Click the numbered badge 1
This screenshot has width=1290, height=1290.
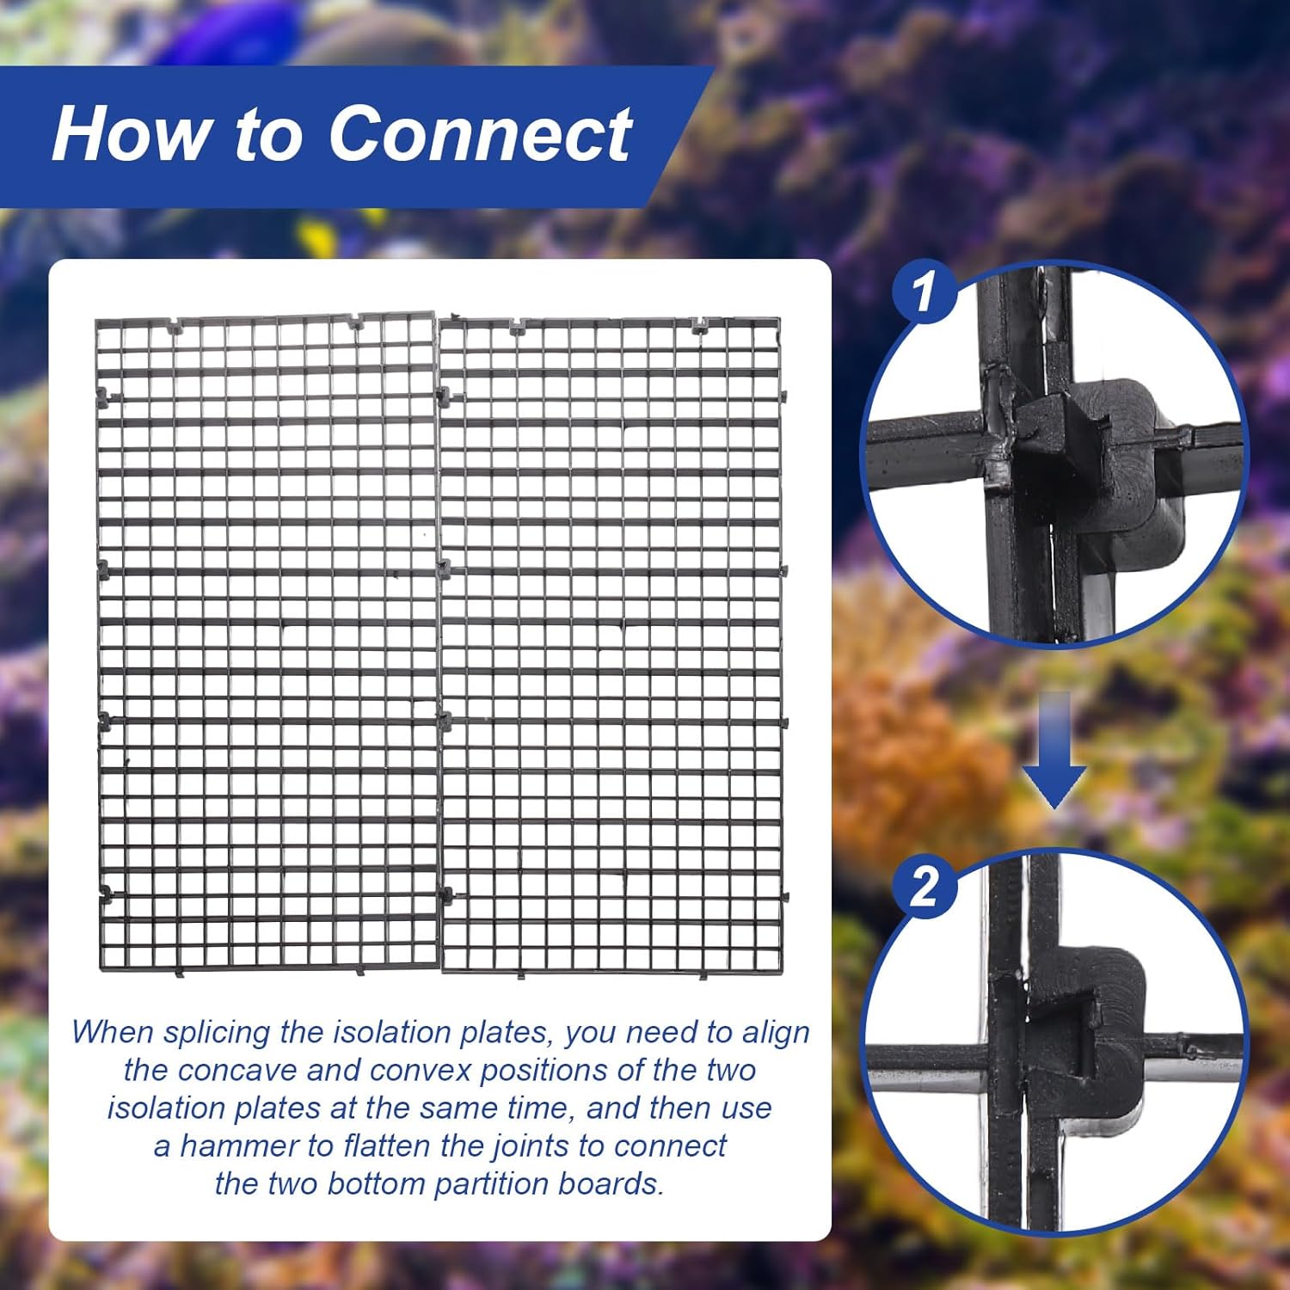point(924,292)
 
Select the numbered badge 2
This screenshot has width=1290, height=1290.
point(924,887)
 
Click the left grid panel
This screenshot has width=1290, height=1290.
point(267,641)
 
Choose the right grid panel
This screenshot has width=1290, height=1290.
point(611,645)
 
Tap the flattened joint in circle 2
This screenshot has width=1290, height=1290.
point(1075,1023)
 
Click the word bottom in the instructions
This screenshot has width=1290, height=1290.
point(375,1184)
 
